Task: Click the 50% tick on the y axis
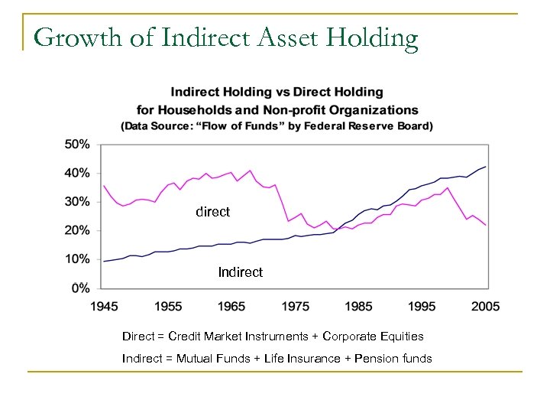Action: (78, 144)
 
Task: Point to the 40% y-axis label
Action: (78, 173)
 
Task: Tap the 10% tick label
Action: (78, 259)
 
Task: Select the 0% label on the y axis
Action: (81, 288)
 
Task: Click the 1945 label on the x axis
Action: (105, 307)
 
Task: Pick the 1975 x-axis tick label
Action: (295, 307)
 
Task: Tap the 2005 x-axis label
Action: (485, 307)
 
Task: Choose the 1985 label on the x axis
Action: (358, 307)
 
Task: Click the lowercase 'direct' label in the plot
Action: (212, 212)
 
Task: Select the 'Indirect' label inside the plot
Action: (240, 272)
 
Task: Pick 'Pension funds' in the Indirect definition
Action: (393, 359)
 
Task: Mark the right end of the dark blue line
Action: (486, 167)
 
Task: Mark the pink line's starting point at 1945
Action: (104, 186)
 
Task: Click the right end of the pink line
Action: (486, 225)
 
